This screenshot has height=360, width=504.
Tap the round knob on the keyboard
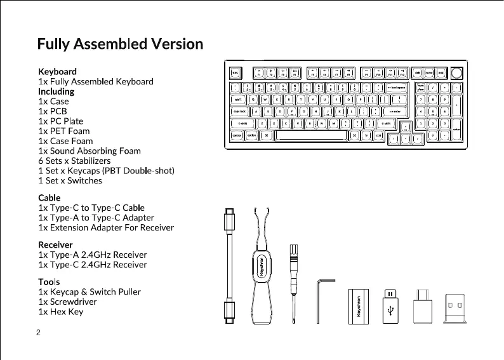coord(458,73)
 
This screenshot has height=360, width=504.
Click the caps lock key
coord(240,112)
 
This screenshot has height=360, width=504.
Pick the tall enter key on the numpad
coord(456,129)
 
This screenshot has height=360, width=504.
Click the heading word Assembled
coord(111,44)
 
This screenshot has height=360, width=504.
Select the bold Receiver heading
coord(56,244)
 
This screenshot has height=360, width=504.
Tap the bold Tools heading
coord(50,281)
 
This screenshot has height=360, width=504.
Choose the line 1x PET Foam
coord(64,131)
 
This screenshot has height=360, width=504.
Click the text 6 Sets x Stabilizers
coord(79,161)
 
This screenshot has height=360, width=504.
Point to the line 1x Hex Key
coord(61,312)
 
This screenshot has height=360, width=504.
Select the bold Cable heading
coord(50,197)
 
